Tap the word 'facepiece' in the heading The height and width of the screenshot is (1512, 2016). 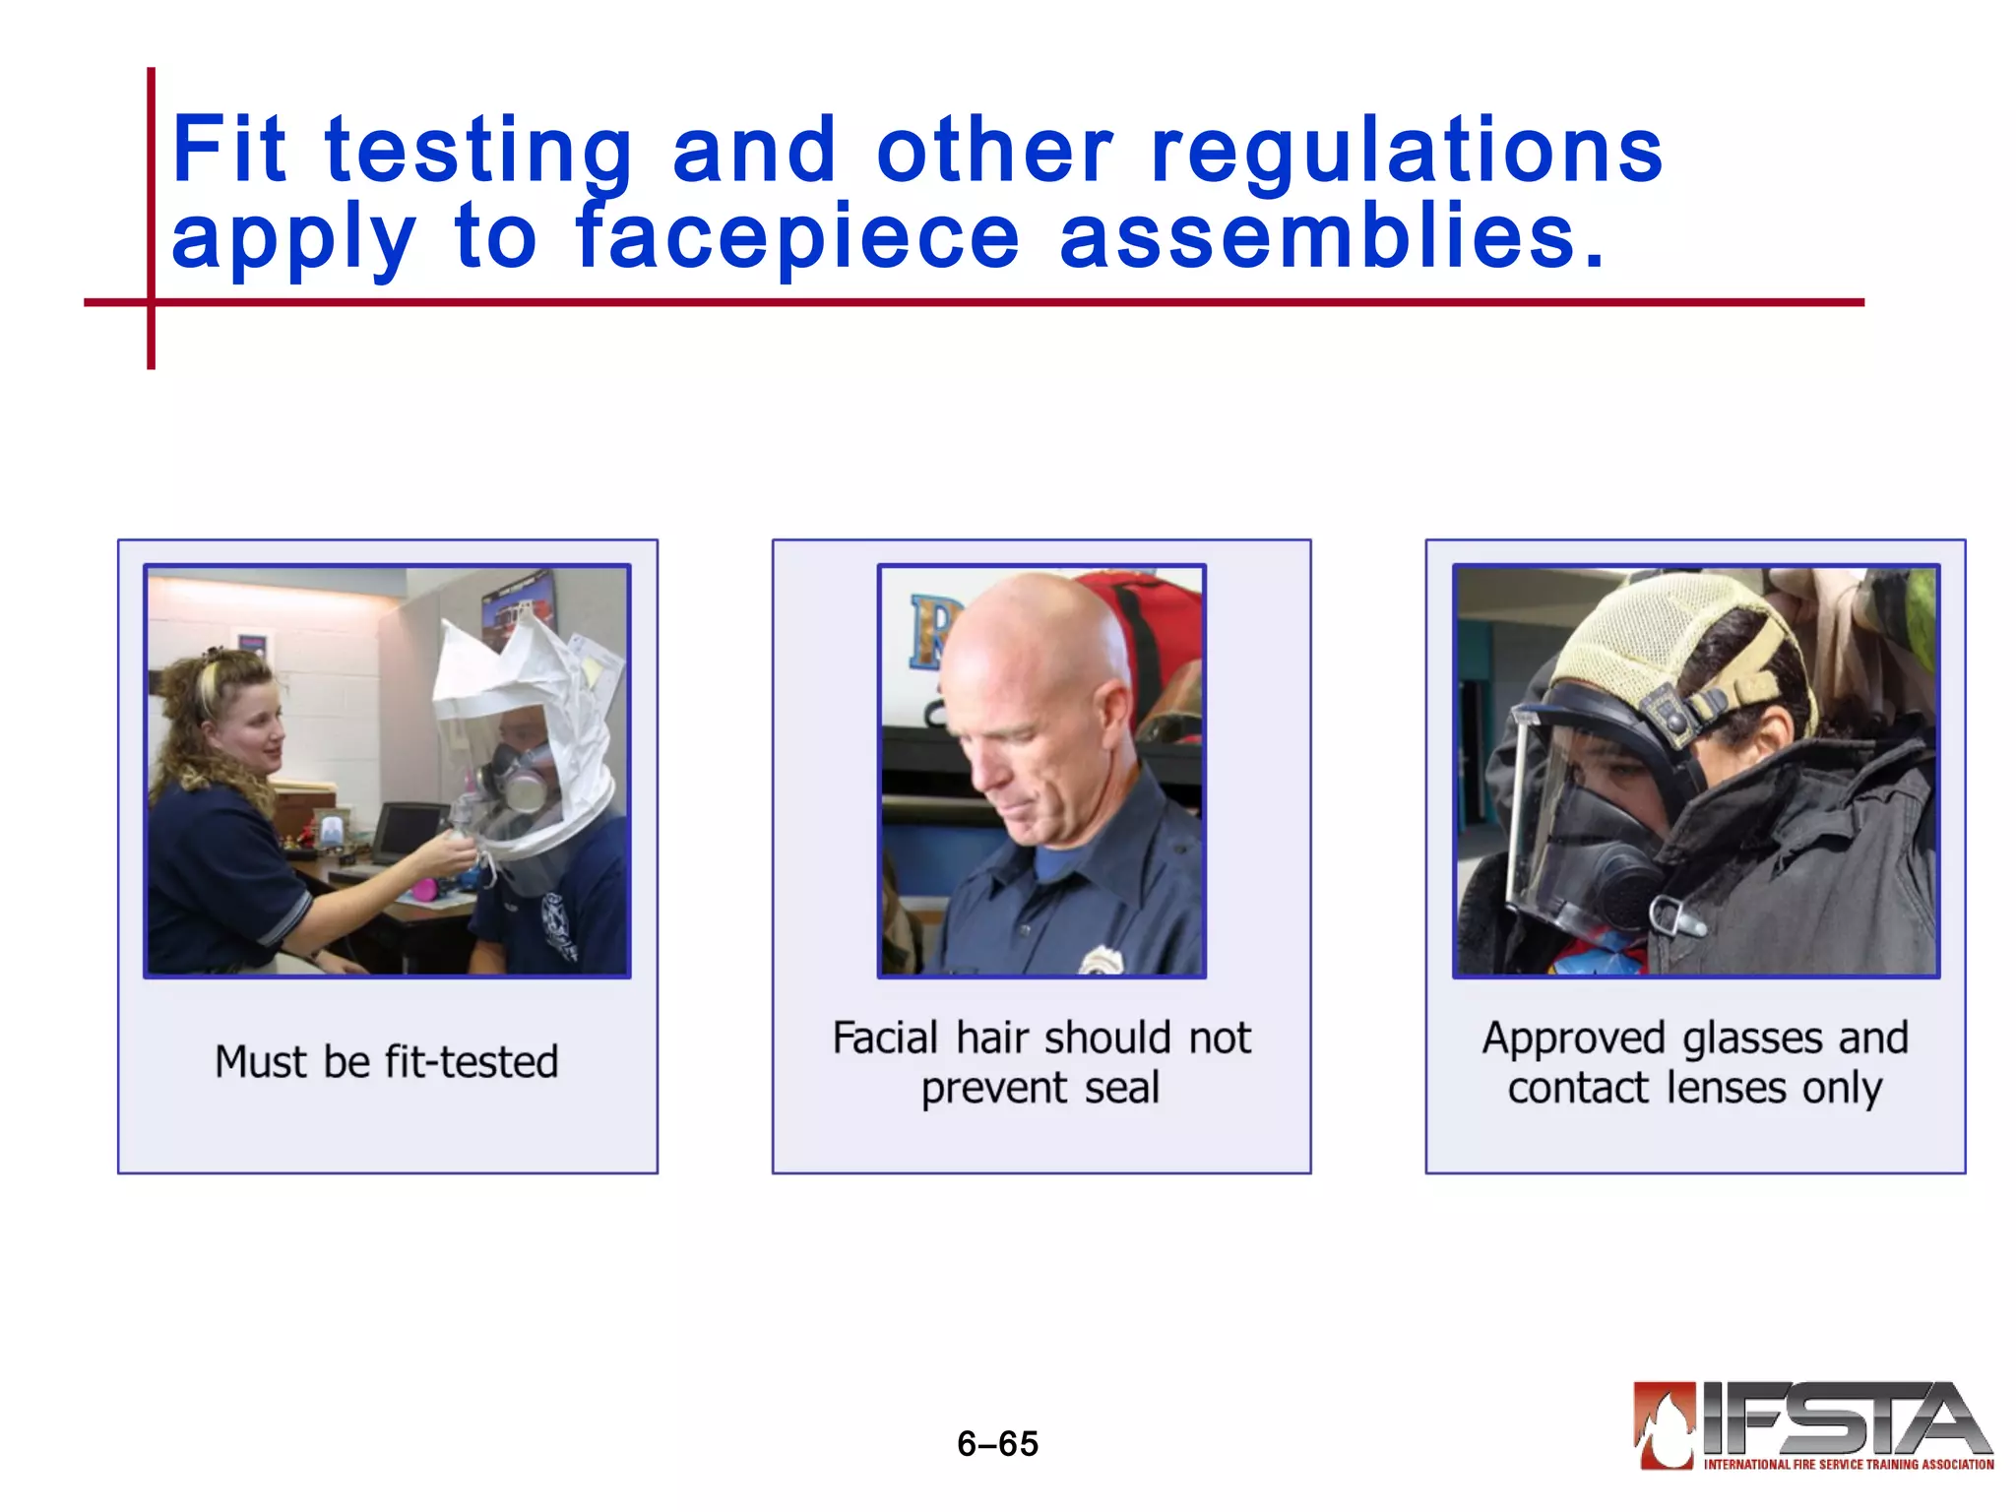(797, 237)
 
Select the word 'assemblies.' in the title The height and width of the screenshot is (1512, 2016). (1332, 237)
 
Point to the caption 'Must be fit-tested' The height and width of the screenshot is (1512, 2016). (387, 1062)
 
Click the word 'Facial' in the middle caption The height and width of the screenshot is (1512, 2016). (885, 1039)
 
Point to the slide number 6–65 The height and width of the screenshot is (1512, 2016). (997, 1444)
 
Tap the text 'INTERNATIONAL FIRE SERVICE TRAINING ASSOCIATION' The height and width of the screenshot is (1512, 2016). (1849, 1465)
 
